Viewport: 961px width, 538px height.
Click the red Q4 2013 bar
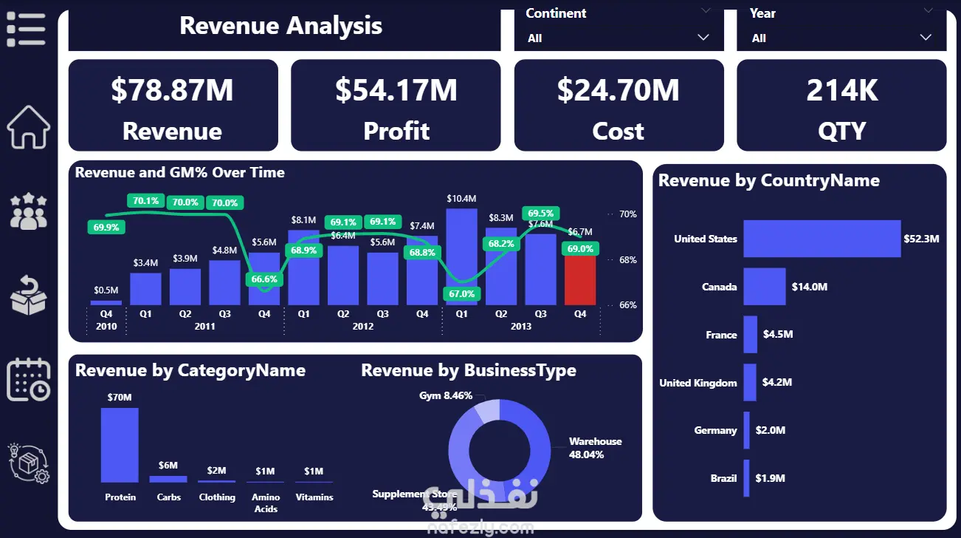pos(580,281)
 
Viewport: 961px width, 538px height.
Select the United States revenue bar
pos(821,239)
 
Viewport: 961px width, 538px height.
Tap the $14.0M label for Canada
pos(809,287)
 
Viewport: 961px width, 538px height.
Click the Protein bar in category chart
pos(120,445)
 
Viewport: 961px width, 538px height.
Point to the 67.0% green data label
pos(462,294)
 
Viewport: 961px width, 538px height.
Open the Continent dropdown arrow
pos(703,38)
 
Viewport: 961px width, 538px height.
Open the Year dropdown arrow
pos(926,38)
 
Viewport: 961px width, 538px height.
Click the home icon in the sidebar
pos(29,127)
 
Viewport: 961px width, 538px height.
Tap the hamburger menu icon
pos(26,30)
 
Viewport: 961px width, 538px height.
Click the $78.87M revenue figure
pos(172,90)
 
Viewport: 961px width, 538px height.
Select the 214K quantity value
pos(841,90)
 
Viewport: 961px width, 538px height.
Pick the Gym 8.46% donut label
pos(446,396)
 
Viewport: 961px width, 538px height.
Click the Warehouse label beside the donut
pos(595,441)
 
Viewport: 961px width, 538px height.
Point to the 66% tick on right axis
pos(627,304)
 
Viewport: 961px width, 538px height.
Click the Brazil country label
pos(723,478)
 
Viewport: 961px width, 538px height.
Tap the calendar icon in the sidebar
pos(29,380)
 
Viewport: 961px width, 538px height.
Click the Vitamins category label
pos(314,497)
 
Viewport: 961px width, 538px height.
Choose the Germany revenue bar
pos(747,430)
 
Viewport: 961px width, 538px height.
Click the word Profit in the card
pos(396,131)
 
